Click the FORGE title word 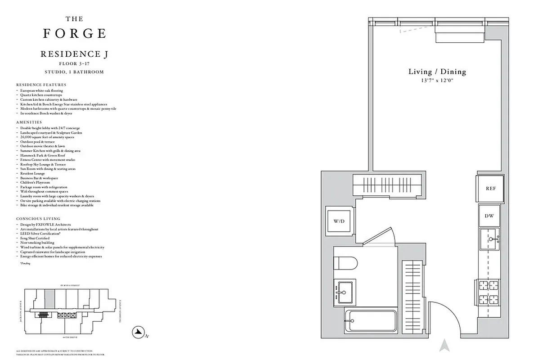coord(74,34)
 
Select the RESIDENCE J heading coord(74,54)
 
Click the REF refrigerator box coord(490,189)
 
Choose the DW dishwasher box coord(489,216)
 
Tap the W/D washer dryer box coord(338,221)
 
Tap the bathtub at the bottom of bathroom coord(370,321)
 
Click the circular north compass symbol coord(137,333)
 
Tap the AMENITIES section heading coord(29,122)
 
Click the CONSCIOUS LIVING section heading coord(38,219)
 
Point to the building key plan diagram coord(70,311)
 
